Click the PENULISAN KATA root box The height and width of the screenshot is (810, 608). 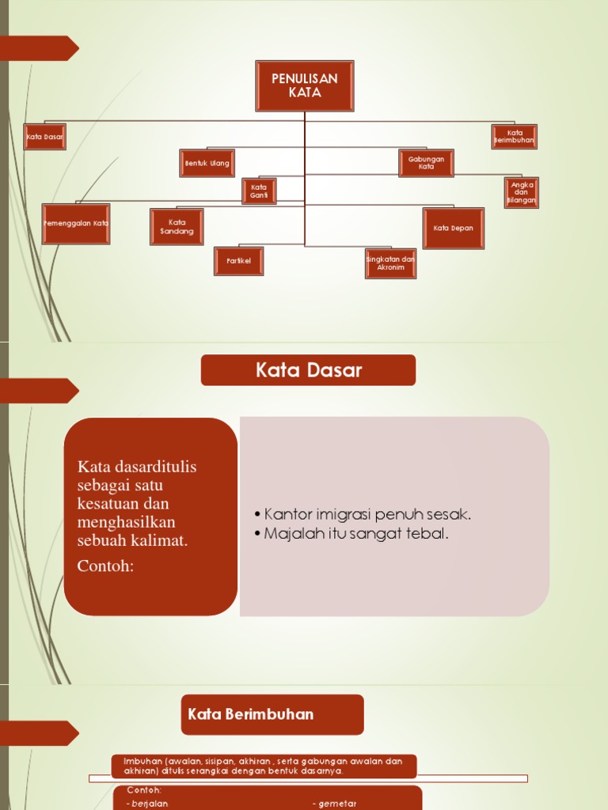coord(305,85)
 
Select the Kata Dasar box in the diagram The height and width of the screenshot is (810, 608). coord(44,137)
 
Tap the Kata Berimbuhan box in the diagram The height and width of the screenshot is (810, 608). coord(514,137)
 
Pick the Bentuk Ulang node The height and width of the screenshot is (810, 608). coord(207,163)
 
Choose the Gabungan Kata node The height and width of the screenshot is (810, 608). coord(426,163)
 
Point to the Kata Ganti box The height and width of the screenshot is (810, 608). coord(259,191)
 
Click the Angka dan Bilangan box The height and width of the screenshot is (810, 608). coord(521,193)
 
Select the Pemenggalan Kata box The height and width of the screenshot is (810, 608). coord(76,224)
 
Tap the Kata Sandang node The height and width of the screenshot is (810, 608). coord(177,227)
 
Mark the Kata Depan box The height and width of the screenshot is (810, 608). coord(453,229)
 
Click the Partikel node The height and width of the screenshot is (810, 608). coord(238,261)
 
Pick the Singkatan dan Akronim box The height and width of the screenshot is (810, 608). coord(390,263)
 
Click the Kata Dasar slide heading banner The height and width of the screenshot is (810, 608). coord(308,370)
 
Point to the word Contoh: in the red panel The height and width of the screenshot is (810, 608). coord(106,566)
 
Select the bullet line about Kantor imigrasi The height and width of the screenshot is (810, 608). coord(368,515)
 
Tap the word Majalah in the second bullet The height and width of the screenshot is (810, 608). coord(290,535)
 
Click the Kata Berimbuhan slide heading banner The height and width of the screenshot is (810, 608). coord(272,714)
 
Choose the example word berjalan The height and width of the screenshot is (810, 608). coord(150,804)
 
